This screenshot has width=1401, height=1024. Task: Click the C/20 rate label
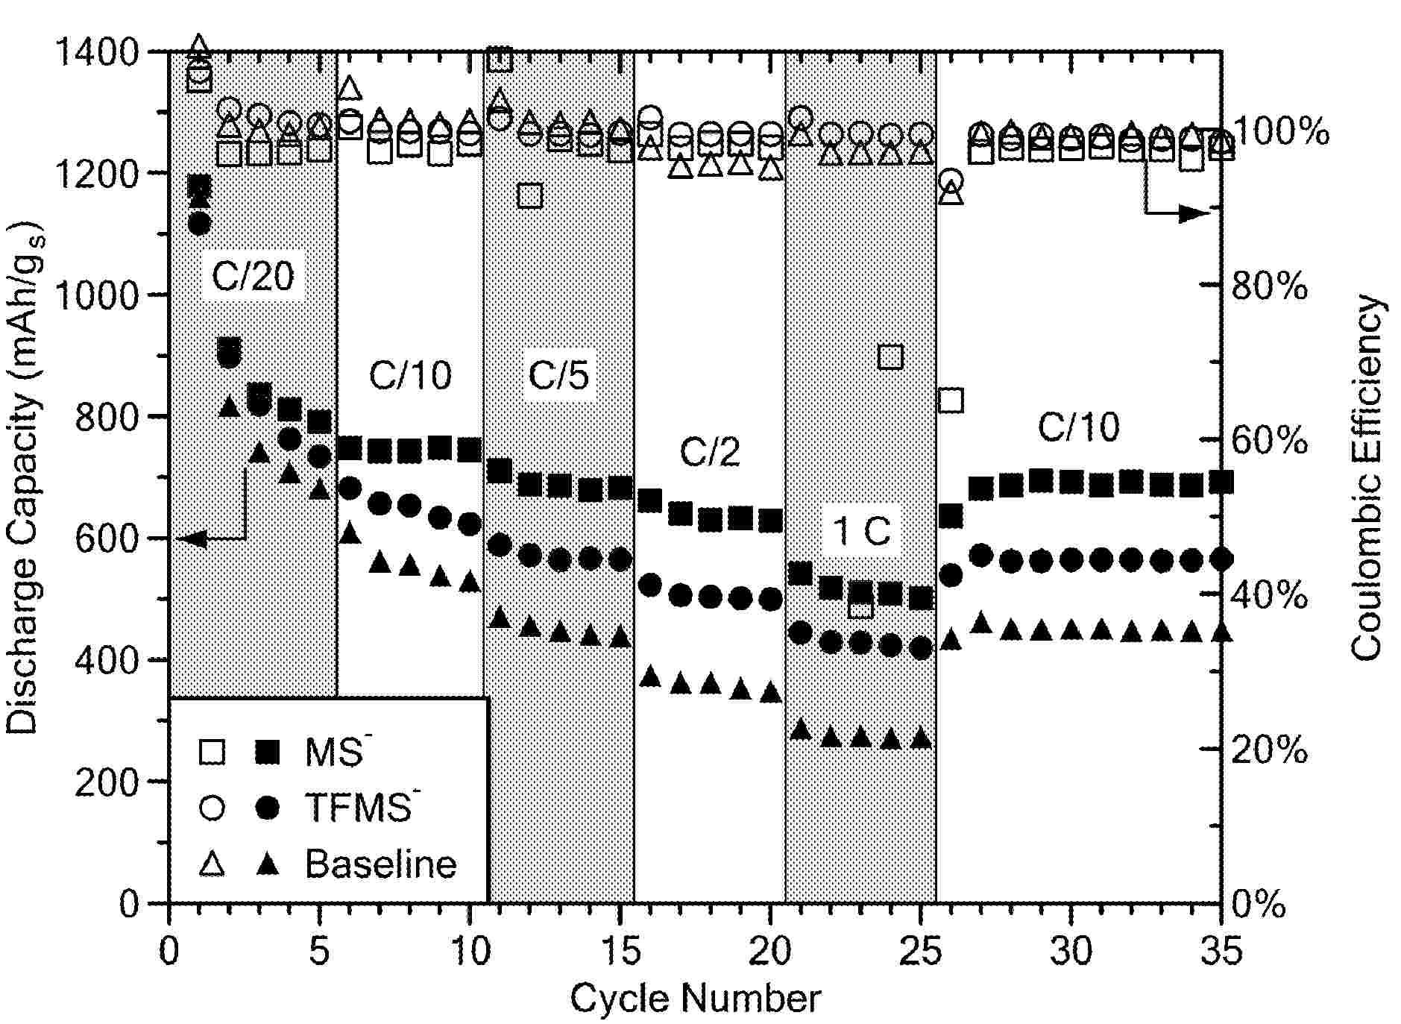click(253, 277)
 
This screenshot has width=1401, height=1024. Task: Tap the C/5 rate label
click(558, 374)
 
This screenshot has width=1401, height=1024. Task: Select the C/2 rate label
click(709, 452)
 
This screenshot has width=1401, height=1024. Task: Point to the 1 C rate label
click(861, 532)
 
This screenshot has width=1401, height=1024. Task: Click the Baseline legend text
click(380, 864)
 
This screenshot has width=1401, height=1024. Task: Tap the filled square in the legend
click(267, 751)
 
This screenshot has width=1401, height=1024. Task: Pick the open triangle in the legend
click(213, 864)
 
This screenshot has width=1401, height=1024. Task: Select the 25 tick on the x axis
click(922, 952)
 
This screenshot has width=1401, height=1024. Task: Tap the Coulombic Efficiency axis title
click(1367, 477)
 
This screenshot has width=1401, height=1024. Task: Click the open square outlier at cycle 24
click(891, 357)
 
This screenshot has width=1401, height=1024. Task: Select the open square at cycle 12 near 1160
click(530, 196)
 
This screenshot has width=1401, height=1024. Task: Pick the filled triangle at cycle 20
click(771, 693)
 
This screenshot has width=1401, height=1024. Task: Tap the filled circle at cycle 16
click(650, 585)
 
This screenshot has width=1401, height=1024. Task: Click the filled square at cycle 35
click(1221, 482)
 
